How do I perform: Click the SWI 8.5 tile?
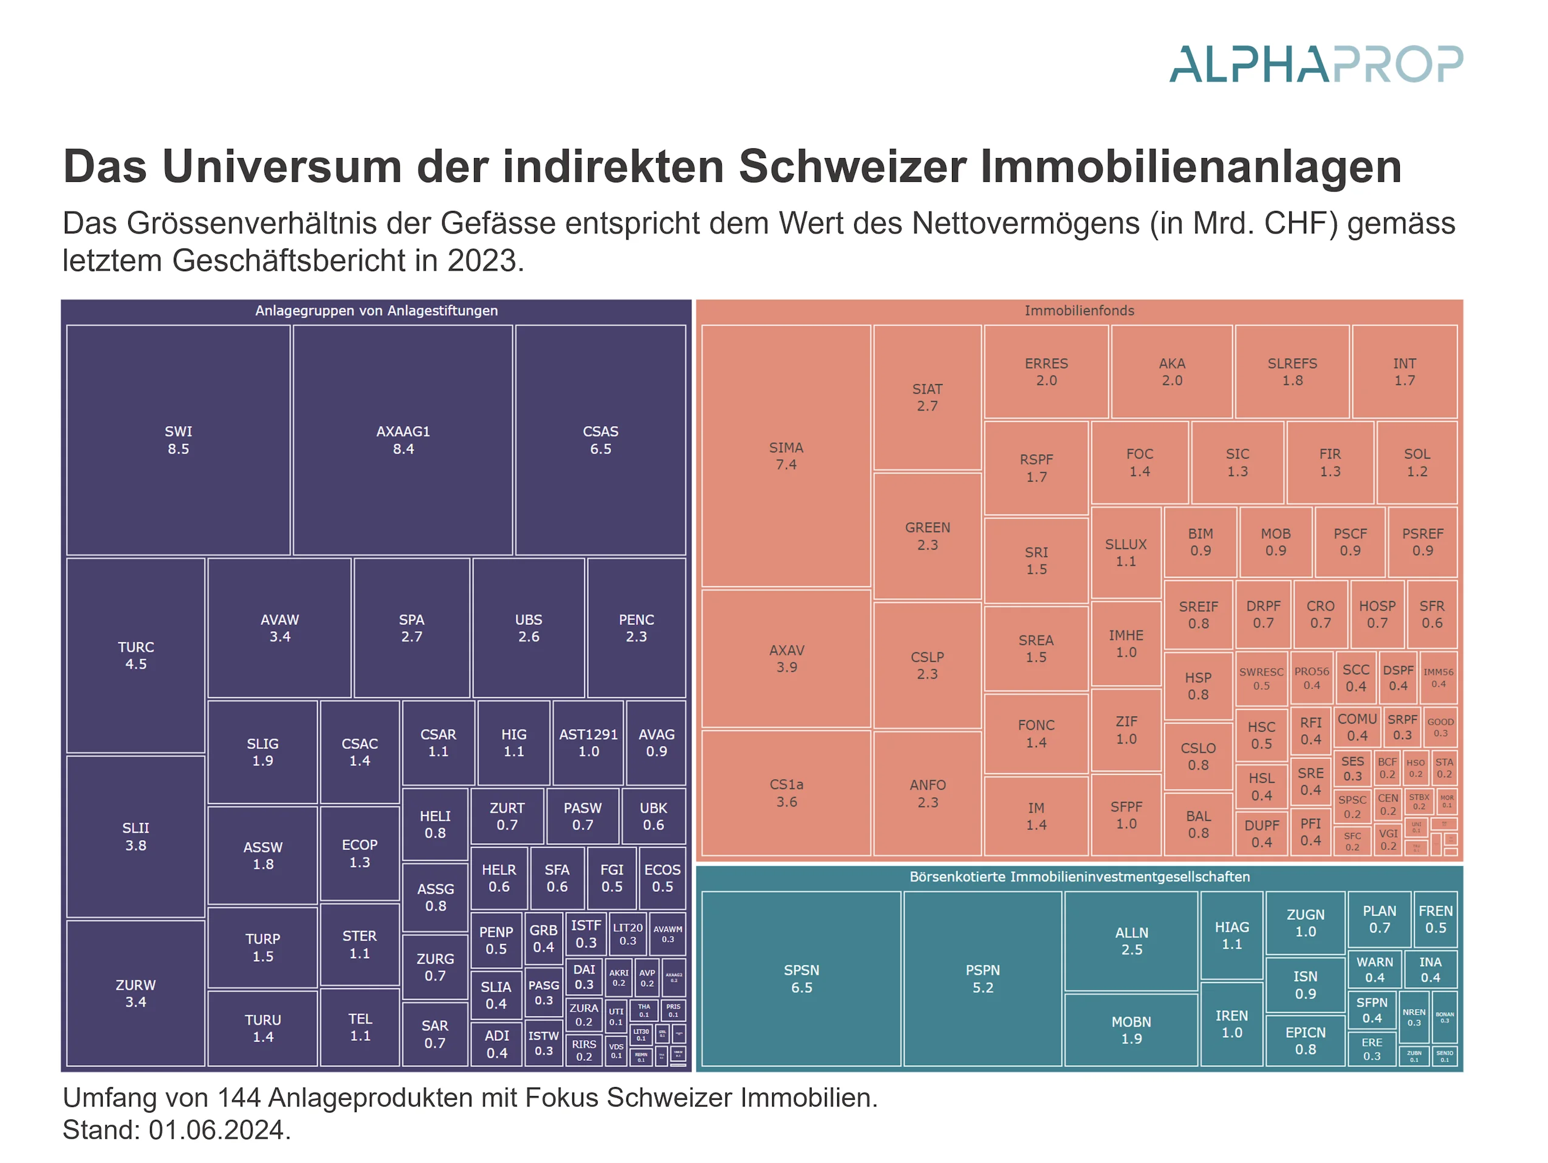(x=178, y=440)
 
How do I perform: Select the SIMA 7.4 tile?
(x=786, y=456)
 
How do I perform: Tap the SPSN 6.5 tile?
(x=801, y=978)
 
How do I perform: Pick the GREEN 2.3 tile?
(x=927, y=536)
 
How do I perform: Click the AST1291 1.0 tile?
(x=588, y=742)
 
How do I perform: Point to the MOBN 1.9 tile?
(x=1131, y=1029)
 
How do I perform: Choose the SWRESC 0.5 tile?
(x=1261, y=678)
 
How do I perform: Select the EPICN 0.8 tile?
(x=1305, y=1040)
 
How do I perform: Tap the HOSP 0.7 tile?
(x=1377, y=614)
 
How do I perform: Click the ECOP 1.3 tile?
(x=359, y=853)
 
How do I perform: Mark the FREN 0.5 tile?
(x=1436, y=919)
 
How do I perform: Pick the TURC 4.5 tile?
(x=135, y=655)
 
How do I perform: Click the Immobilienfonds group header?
(x=1079, y=310)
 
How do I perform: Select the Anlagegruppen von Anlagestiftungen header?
(x=377, y=310)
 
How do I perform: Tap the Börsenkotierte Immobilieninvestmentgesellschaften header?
(x=1079, y=877)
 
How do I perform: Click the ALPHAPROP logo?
(x=1316, y=64)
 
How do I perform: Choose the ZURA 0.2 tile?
(x=584, y=1015)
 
